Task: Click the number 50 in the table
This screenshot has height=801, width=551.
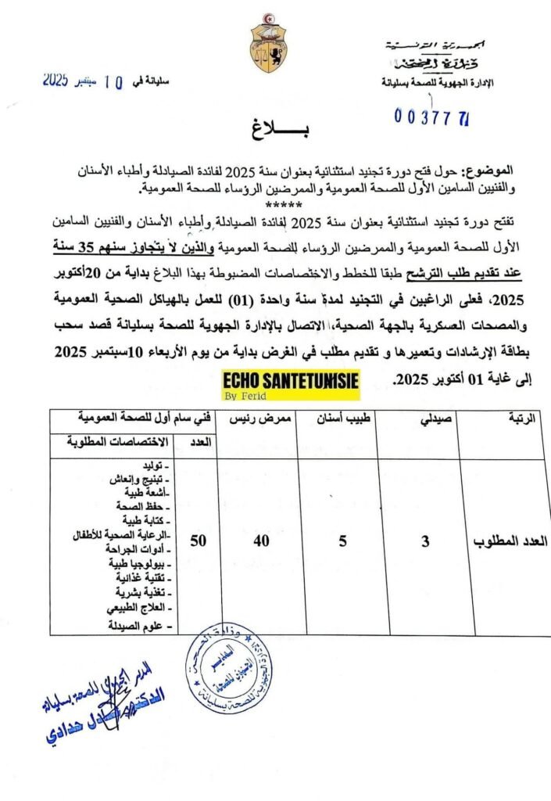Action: [x=199, y=540]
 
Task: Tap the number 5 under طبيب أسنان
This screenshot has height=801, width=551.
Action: [x=341, y=541]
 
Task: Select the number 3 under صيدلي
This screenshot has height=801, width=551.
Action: [x=425, y=541]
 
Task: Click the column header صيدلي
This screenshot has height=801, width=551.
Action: [x=429, y=420]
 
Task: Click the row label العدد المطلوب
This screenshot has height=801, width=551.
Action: [x=513, y=541]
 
